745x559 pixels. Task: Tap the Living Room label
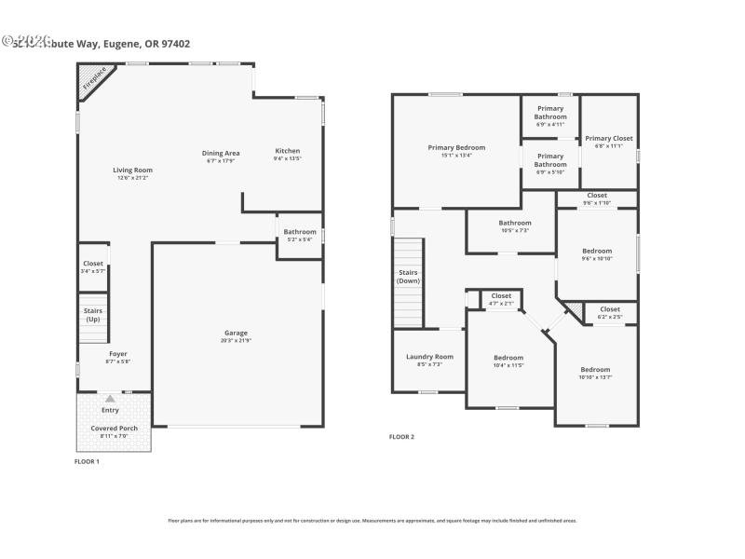(132, 170)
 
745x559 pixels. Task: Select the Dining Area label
(221, 153)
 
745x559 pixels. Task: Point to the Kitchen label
(287, 151)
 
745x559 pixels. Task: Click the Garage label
(236, 333)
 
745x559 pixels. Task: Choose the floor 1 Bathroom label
(300, 232)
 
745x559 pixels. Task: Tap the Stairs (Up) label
(93, 315)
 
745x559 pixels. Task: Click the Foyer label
(117, 354)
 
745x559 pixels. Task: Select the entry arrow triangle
(110, 399)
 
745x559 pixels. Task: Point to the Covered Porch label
(114, 428)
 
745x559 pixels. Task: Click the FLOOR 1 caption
(87, 461)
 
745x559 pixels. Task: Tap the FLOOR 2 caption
(401, 436)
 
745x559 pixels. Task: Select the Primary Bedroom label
(456, 147)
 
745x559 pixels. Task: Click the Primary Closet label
(609, 138)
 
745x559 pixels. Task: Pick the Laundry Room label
(429, 356)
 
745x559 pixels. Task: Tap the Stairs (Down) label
(408, 276)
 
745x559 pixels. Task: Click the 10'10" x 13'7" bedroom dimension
(596, 377)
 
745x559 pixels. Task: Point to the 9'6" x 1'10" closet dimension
(597, 202)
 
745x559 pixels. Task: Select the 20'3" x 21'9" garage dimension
(236, 340)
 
